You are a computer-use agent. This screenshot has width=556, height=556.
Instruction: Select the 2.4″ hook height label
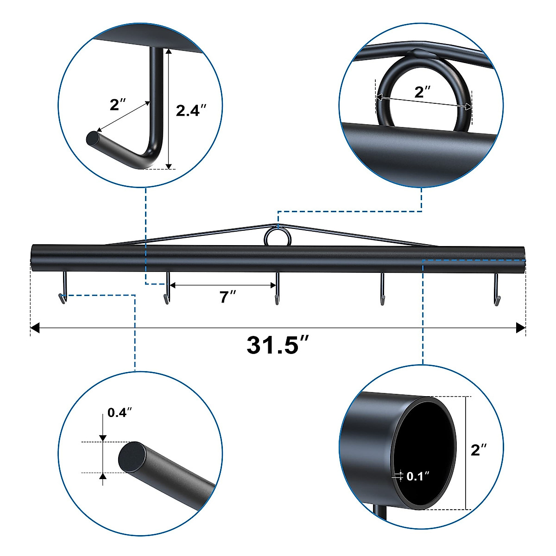coord(191,110)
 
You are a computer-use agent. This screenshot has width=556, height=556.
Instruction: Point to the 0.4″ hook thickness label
coord(120,412)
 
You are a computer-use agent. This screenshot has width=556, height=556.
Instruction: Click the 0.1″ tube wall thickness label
coord(418,476)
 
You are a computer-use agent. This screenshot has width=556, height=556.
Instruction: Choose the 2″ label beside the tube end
coord(479,449)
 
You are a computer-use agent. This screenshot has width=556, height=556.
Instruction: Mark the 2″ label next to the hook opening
coord(117,105)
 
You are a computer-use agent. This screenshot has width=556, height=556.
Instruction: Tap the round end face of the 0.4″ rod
coord(132,456)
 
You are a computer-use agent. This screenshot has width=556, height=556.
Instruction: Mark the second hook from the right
coord(383,289)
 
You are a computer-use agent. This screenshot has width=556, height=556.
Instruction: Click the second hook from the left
coord(167,289)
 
